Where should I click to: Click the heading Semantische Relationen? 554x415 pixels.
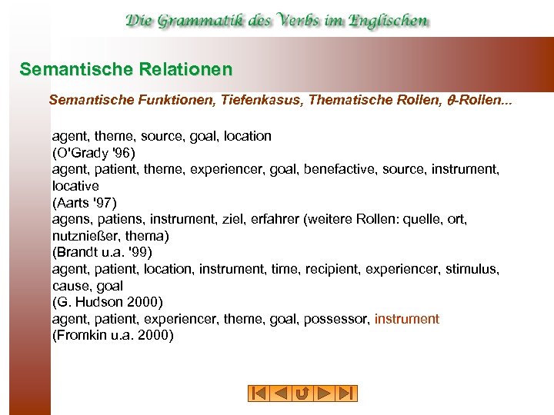(125, 70)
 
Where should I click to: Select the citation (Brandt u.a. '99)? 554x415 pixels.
(102, 252)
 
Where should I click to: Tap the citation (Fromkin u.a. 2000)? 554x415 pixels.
(112, 335)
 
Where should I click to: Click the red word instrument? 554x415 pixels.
(406, 319)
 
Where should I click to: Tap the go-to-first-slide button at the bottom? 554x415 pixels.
(259, 393)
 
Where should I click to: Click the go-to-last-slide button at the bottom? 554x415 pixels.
(347, 393)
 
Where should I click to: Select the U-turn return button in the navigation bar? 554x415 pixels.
(302, 393)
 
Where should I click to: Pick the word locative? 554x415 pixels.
(75, 186)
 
